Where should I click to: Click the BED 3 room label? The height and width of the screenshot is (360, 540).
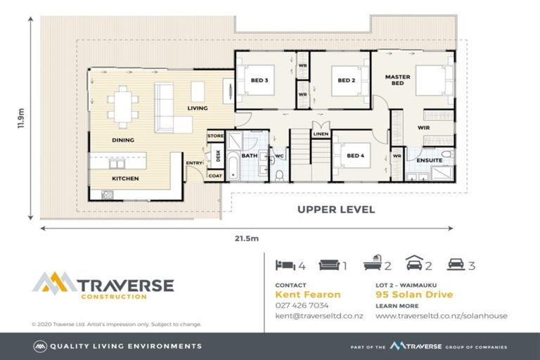tap(259, 80)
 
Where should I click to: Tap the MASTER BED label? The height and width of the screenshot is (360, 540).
tap(397, 80)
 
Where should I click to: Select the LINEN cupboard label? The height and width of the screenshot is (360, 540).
tap(321, 134)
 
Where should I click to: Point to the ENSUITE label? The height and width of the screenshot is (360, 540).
tap(430, 160)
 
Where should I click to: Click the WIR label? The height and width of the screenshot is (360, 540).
tap(423, 127)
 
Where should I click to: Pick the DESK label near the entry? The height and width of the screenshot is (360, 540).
tap(218, 155)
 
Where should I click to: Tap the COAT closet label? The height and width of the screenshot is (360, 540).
tap(215, 176)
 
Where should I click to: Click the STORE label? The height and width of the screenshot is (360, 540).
tap(216, 136)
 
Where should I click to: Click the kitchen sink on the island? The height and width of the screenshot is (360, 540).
tap(117, 164)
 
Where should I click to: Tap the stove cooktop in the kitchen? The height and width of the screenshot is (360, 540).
tap(107, 195)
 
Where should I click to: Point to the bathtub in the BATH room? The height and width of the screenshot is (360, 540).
tap(233, 169)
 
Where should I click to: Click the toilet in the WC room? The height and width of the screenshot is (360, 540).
tap(279, 175)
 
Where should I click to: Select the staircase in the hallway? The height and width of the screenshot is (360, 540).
tap(310, 154)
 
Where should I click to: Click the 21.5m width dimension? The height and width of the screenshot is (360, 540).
tap(247, 238)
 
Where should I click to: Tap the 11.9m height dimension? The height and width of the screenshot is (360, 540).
tap(21, 118)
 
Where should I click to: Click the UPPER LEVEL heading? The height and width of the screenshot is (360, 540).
tap(336, 210)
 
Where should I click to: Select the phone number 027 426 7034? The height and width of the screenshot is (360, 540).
tap(302, 305)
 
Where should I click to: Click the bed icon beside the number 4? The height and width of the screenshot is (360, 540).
tap(285, 265)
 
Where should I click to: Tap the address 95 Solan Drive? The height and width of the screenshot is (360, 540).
tap(414, 295)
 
